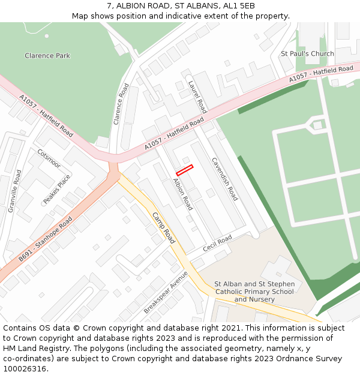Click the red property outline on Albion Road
(184, 170)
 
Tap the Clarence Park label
(47, 56)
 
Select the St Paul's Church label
(307, 53)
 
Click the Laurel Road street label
(197, 97)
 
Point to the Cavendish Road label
(224, 179)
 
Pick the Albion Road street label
(182, 194)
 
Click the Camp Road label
(163, 227)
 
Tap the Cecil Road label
(217, 244)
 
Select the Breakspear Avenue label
(166, 292)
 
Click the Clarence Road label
(121, 104)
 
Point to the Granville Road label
(14, 191)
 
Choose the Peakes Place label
(57, 188)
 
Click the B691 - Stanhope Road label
(45, 239)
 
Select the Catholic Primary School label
(254, 292)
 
